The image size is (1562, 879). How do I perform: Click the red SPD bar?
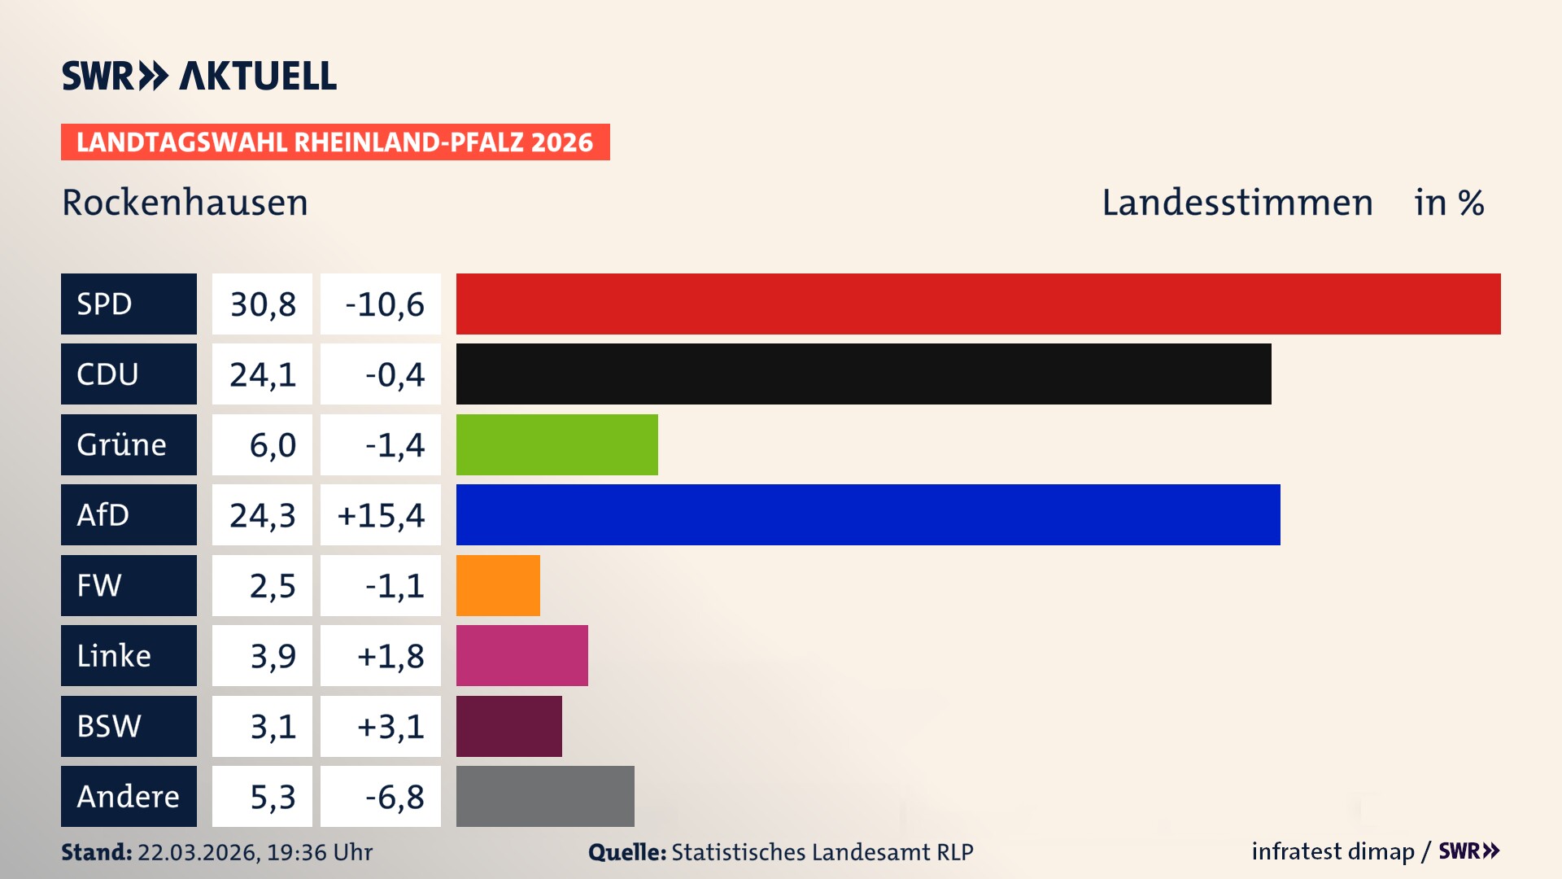[978, 304]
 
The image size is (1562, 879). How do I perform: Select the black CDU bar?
[863, 374]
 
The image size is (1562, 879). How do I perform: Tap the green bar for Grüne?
[556, 444]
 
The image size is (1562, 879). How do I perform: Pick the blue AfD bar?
[868, 514]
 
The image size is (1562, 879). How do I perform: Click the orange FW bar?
[498, 585]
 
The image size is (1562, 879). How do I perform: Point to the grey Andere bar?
[545, 796]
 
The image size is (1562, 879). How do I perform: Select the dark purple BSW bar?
[508, 726]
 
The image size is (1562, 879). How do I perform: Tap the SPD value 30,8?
[262, 304]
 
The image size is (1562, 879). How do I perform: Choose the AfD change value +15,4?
[381, 515]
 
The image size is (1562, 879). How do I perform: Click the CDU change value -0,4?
[394, 374]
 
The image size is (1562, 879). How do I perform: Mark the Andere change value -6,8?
[394, 797]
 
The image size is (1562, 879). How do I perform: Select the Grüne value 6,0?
[272, 445]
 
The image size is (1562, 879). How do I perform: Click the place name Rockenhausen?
[185, 203]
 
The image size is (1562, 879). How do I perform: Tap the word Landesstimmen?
[1237, 203]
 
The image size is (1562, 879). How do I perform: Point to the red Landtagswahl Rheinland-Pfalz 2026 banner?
[334, 142]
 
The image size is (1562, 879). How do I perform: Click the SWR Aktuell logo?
[199, 76]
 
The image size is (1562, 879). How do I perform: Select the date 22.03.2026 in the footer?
[198, 852]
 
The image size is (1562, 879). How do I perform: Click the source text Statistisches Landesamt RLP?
[822, 852]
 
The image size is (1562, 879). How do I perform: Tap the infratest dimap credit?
[1332, 851]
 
